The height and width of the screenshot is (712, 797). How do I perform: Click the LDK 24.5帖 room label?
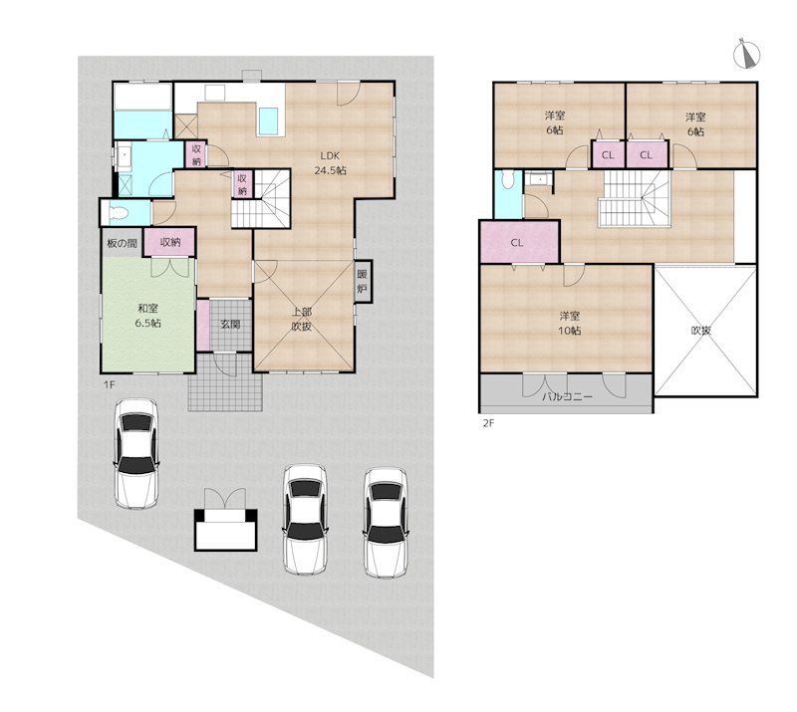(330, 163)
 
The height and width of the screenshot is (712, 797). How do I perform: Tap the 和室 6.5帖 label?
(147, 315)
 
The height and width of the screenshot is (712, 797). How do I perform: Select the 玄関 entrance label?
(230, 324)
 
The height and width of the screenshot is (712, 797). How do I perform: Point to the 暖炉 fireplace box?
(363, 282)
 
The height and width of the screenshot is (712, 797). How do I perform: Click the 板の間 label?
(122, 243)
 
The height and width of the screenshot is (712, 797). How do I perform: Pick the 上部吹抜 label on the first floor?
(302, 319)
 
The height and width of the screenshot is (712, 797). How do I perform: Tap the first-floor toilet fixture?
(118, 213)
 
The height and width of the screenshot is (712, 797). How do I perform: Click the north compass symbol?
(746, 54)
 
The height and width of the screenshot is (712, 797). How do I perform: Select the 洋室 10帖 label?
(570, 324)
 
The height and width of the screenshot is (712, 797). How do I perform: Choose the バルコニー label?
(567, 397)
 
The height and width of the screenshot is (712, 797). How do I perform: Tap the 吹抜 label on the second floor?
(701, 331)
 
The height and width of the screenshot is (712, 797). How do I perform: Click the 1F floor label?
(110, 384)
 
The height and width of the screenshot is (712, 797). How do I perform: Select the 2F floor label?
(488, 423)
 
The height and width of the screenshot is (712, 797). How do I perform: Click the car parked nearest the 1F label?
(136, 453)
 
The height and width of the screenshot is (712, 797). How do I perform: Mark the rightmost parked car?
(386, 523)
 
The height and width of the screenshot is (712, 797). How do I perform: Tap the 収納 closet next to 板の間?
(169, 242)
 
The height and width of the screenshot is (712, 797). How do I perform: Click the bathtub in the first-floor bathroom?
(142, 97)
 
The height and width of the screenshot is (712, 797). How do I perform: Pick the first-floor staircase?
(261, 198)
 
